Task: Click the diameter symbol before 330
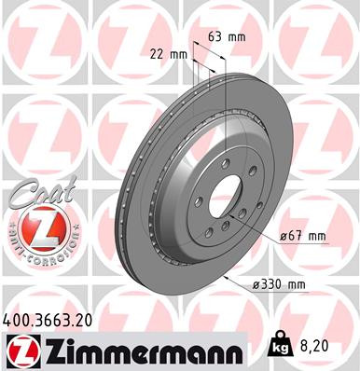257,283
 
